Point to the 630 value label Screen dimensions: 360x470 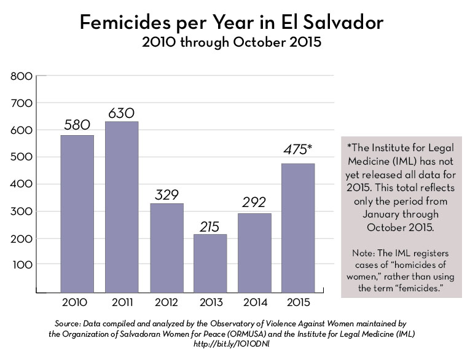(121, 113)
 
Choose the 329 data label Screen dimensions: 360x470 (166, 195)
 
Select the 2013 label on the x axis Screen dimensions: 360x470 (211, 302)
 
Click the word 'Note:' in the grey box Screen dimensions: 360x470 (365, 252)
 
